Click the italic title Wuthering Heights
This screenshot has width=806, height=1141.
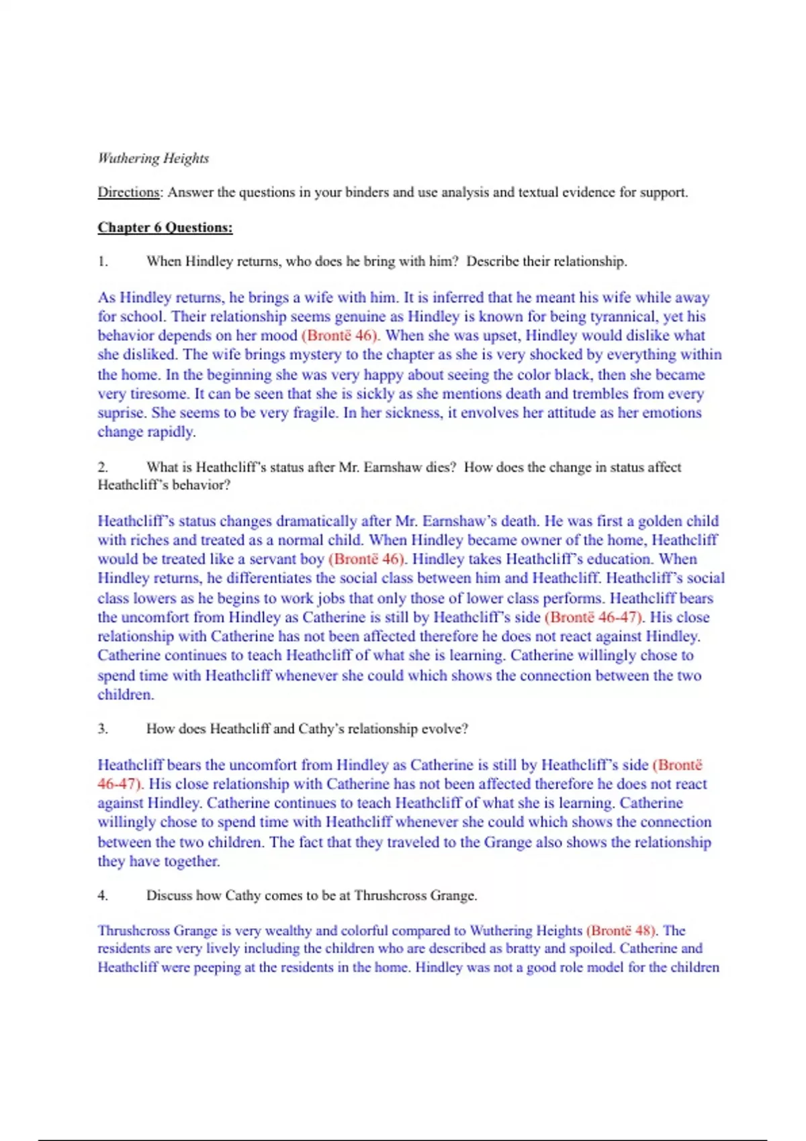[x=153, y=158]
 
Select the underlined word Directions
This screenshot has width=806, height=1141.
[x=128, y=193]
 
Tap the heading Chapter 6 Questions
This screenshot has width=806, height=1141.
[x=165, y=228]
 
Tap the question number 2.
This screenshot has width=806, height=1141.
[x=103, y=467]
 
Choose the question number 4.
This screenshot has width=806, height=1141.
[x=103, y=895]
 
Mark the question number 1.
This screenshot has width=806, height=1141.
[x=103, y=262]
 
